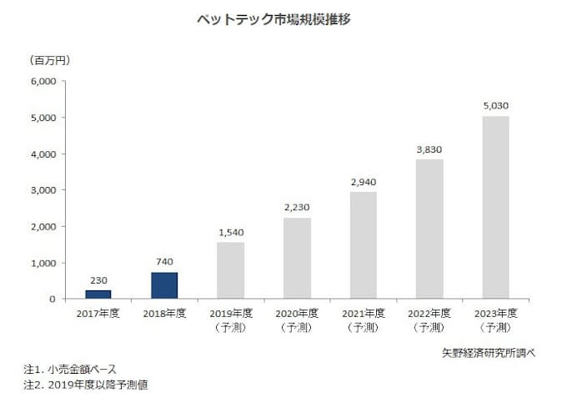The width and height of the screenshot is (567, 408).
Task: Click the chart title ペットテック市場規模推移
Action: pos(283,19)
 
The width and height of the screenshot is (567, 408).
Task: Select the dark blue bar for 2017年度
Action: pos(98,294)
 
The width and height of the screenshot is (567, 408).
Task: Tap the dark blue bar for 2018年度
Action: pos(164,285)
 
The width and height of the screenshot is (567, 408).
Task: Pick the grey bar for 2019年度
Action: pos(230,270)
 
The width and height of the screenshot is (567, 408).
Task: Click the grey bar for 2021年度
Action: pos(363,245)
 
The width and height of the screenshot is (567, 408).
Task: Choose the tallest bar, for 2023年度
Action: pos(495,207)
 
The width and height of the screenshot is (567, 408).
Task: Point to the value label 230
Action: pos(98,281)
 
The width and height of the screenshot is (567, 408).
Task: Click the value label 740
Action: pos(164,263)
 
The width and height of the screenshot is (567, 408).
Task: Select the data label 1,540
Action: pos(230,234)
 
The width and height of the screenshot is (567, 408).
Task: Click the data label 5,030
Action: pos(495,107)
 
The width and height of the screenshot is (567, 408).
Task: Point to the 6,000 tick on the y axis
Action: pos(43,82)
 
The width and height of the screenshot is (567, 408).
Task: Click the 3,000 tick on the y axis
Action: pos(43,190)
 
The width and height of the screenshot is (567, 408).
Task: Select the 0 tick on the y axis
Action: pos(52,299)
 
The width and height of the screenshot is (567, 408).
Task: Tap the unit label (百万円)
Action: pos(50,60)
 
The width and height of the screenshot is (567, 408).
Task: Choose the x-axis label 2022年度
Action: pos(429,314)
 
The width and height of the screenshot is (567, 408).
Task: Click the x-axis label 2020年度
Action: pos(297,314)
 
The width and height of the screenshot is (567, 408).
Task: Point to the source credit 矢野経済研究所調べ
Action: pos(489,352)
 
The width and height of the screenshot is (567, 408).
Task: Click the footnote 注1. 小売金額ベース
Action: pos(70,369)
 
